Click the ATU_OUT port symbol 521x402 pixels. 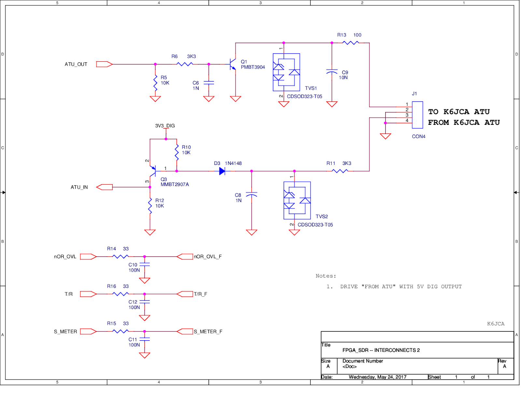[x=104, y=64]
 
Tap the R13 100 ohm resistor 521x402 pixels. [x=350, y=43]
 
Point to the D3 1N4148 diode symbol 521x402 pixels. [x=222, y=171]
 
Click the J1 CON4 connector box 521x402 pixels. [x=417, y=115]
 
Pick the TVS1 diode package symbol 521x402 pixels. [x=286, y=72]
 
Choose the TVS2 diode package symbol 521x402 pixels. [x=297, y=200]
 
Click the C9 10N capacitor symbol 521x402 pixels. [x=332, y=72]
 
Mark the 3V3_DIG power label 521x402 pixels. [x=165, y=126]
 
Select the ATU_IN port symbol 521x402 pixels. [x=105, y=187]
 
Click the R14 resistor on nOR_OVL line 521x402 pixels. [x=120, y=257]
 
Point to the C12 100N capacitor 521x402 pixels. [x=144, y=302]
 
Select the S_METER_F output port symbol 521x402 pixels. [x=185, y=331]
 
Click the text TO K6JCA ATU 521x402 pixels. [x=458, y=112]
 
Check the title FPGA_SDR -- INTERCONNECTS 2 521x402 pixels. [x=381, y=350]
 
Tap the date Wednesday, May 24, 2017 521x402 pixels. [x=377, y=377]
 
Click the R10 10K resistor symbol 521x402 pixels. [x=177, y=153]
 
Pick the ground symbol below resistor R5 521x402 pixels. [x=155, y=99]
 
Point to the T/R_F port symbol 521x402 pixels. [x=185, y=294]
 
